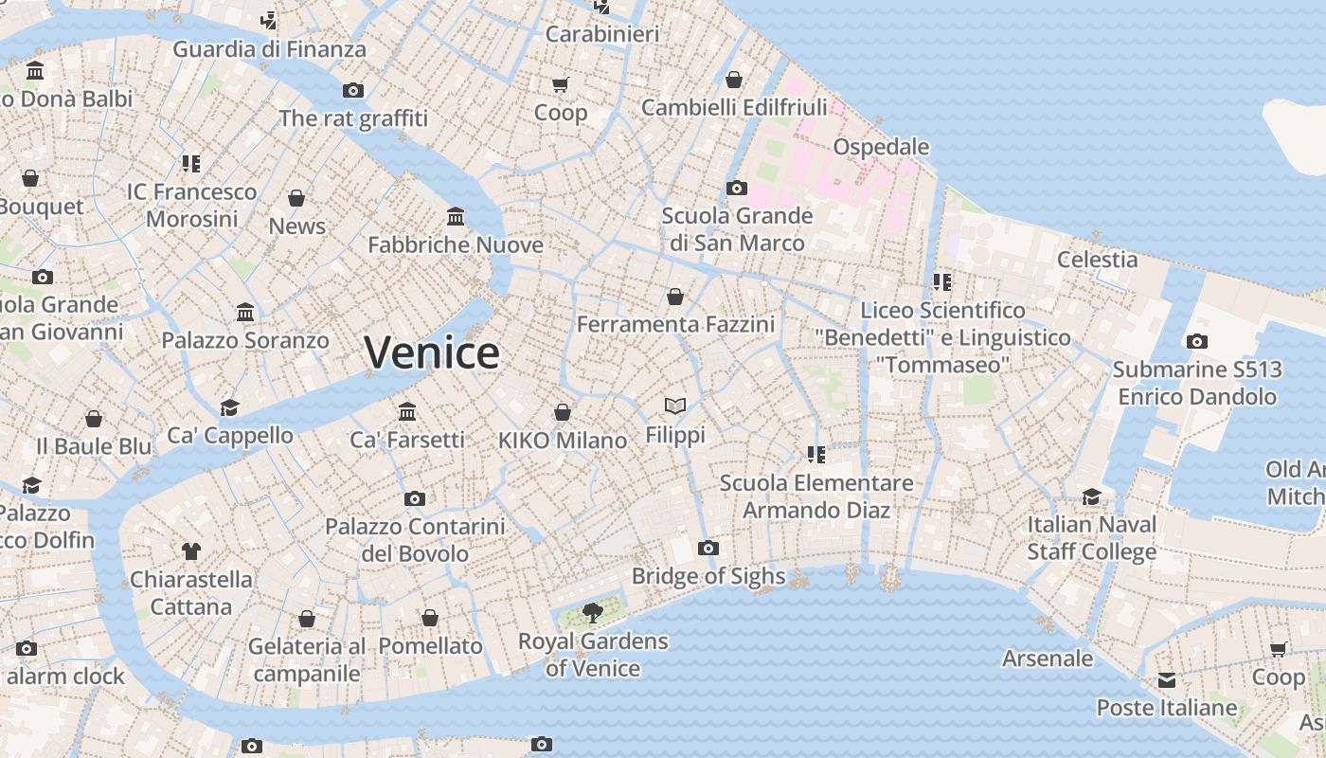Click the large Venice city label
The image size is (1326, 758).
click(x=432, y=352)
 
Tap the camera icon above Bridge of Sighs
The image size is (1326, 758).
click(x=708, y=548)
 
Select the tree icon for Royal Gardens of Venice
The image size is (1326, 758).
click(x=593, y=613)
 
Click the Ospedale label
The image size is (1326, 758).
click(x=881, y=147)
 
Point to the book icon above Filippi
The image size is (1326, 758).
click(x=674, y=406)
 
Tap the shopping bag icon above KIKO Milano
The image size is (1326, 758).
click(x=563, y=412)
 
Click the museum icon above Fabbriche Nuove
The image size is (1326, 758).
click(x=456, y=217)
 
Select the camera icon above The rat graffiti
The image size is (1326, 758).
click(x=353, y=90)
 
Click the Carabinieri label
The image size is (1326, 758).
click(x=602, y=34)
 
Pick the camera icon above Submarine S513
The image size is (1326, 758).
click(x=1197, y=341)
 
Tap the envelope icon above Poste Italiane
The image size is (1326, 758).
click(x=1167, y=680)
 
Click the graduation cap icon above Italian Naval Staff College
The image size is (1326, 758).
click(x=1092, y=496)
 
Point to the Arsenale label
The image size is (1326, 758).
click(x=1048, y=658)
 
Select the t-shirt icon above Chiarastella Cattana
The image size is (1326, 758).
click(x=191, y=550)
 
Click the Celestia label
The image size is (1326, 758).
click(x=1098, y=259)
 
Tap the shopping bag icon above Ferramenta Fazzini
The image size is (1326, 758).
click(x=675, y=297)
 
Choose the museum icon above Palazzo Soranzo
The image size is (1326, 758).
click(x=245, y=312)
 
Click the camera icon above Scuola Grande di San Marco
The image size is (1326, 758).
click(x=736, y=188)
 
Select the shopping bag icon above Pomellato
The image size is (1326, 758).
click(x=430, y=618)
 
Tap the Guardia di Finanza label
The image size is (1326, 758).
click(x=269, y=49)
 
